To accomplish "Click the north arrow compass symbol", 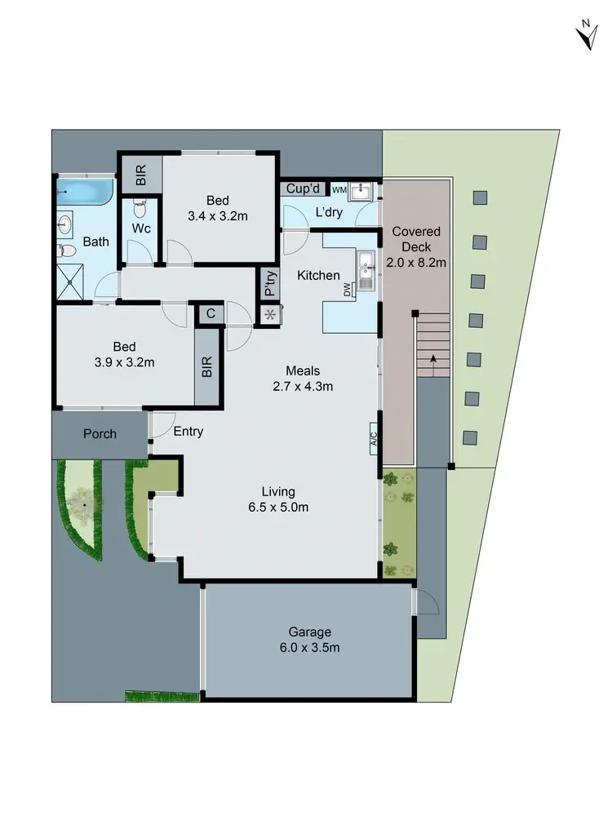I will (584, 37).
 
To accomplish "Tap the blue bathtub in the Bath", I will (84, 193).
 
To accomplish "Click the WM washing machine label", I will (339, 189).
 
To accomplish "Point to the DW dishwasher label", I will (348, 289).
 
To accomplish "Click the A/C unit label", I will (374, 438).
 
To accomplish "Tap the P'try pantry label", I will (269, 283).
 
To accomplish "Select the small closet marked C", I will (210, 313).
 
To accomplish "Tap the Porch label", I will (100, 434).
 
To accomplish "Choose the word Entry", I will (188, 432).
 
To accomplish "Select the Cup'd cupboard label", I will (304, 189).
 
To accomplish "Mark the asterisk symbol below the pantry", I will (269, 314).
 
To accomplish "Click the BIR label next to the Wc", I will (140, 175).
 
